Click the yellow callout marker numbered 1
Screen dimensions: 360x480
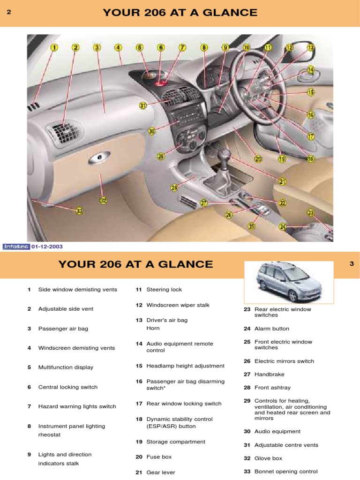pyautogui.click(x=54, y=47)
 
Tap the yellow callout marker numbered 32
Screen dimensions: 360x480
pyautogui.click(x=103, y=200)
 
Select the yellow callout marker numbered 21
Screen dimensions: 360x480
pyautogui.click(x=283, y=181)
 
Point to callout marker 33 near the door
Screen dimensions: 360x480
pyautogui.click(x=80, y=211)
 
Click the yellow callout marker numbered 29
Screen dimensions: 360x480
pyautogui.click(x=161, y=157)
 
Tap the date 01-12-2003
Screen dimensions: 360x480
pyautogui.click(x=47, y=247)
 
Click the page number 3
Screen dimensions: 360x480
pyautogui.click(x=352, y=264)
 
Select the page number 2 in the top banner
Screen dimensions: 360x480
pyautogui.click(x=8, y=13)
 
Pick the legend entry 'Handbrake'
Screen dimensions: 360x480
pyautogui.click(x=269, y=375)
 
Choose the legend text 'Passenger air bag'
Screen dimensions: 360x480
pyautogui.click(x=63, y=329)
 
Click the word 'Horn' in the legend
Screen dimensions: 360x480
pyautogui.click(x=153, y=328)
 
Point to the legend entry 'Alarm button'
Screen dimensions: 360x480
pyautogui.click(x=271, y=329)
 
